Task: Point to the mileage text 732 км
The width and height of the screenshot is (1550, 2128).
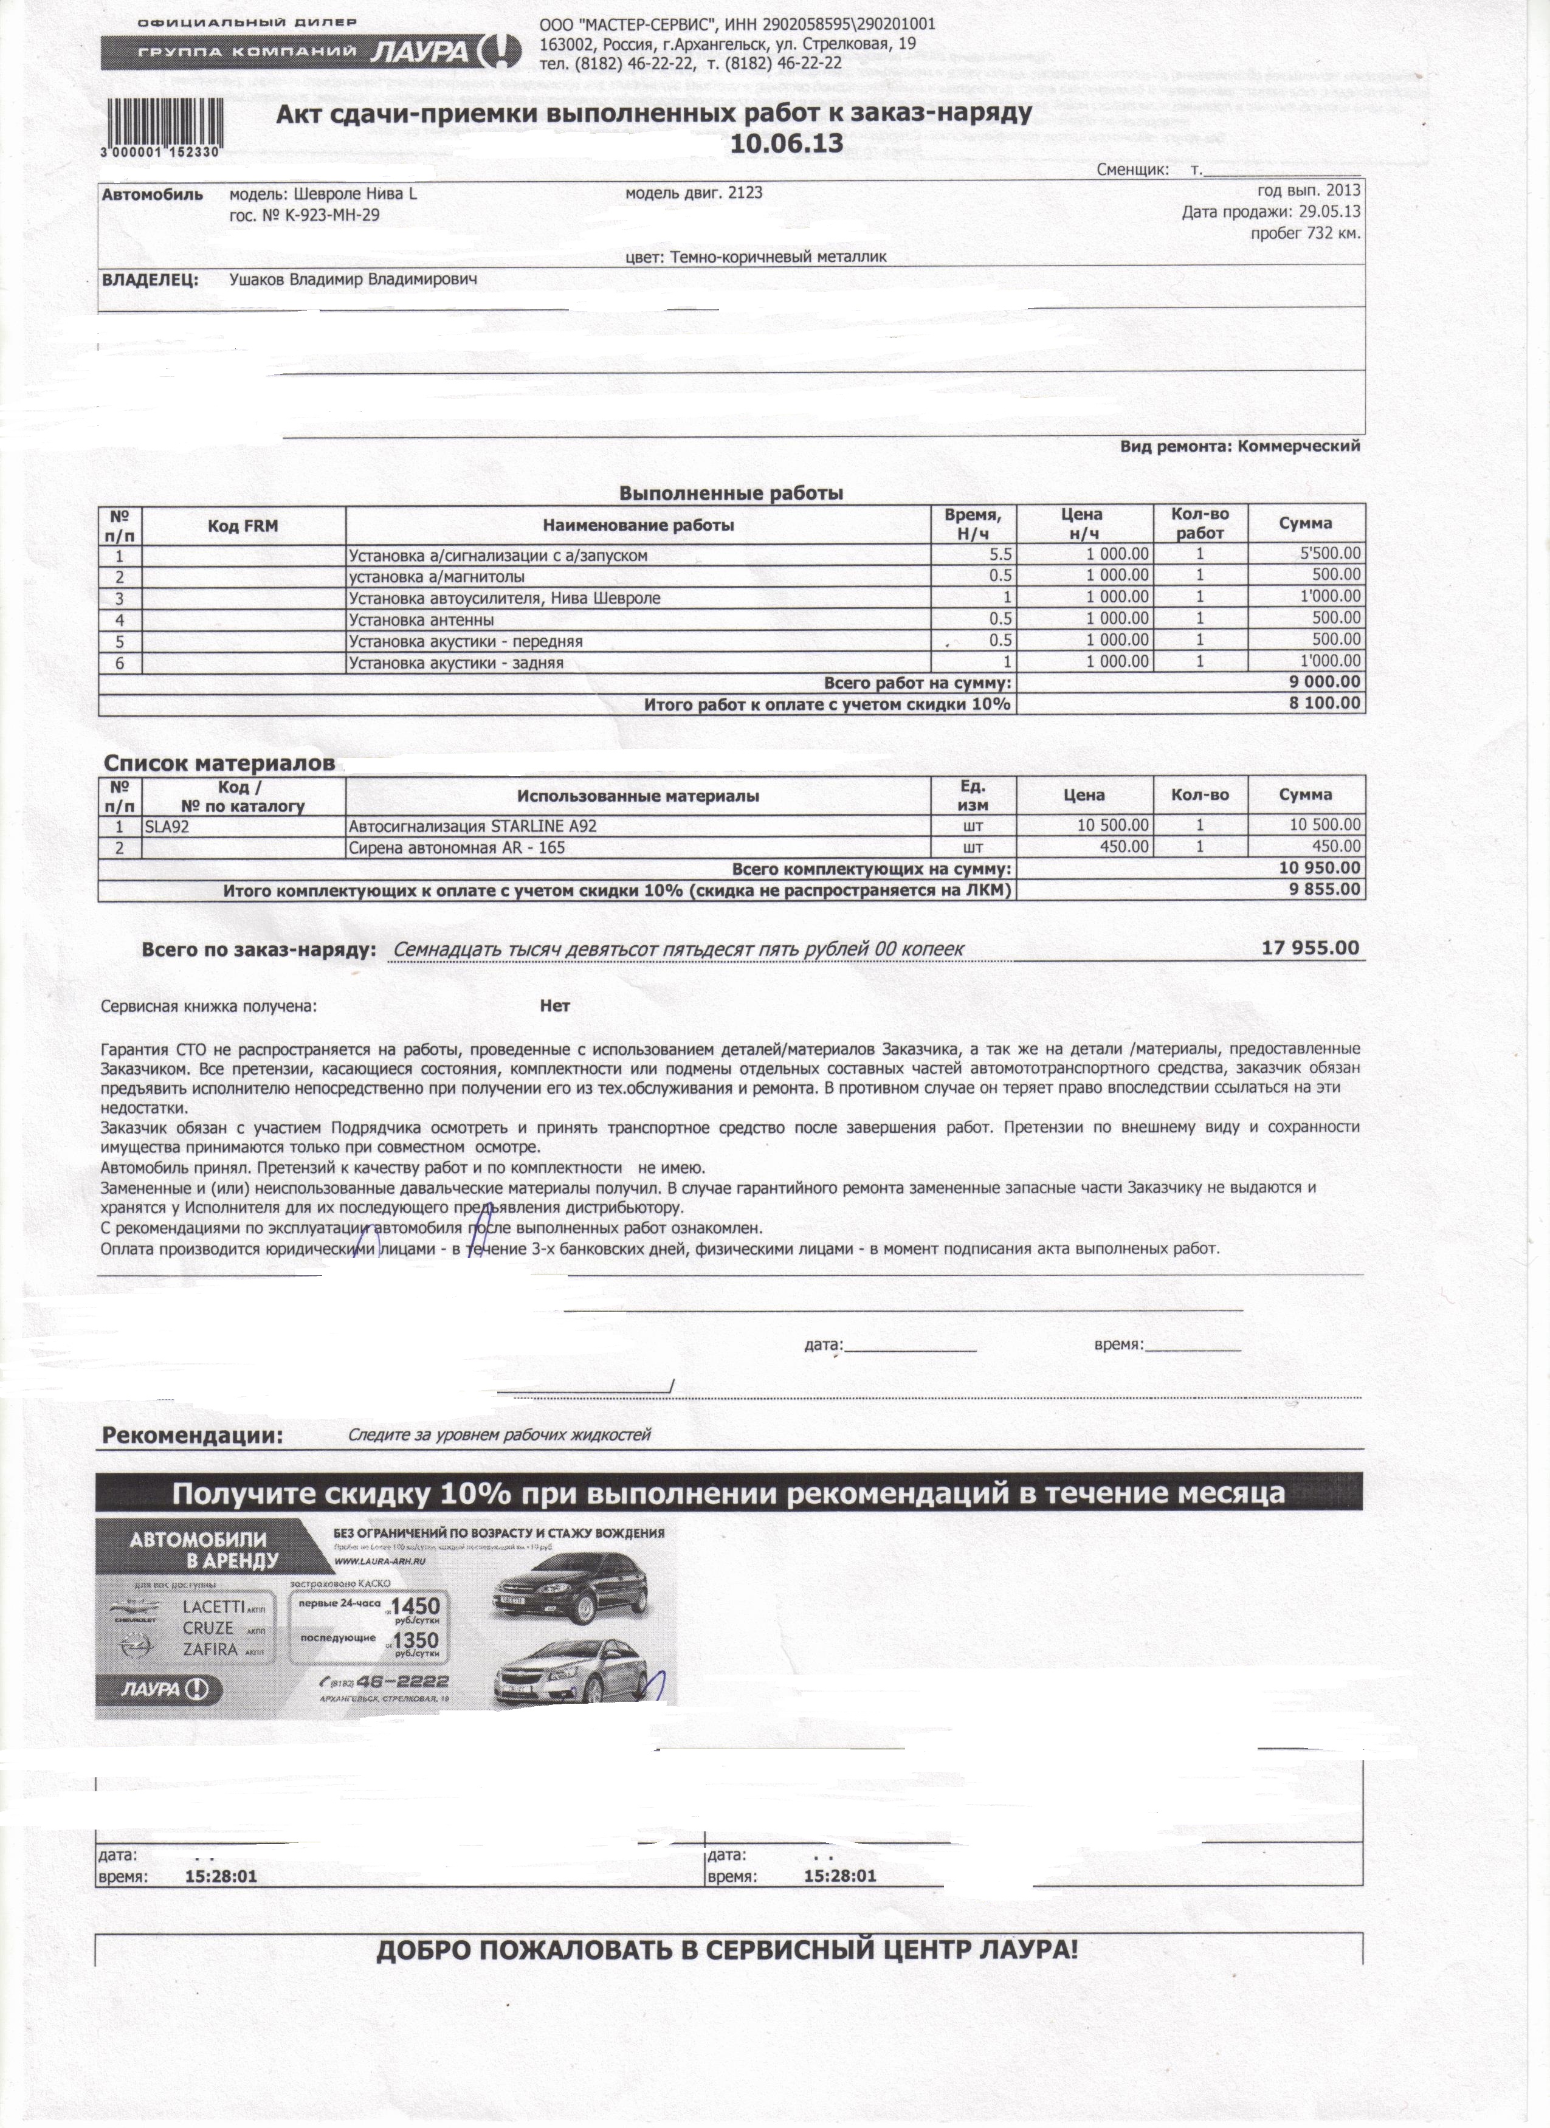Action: tap(1326, 233)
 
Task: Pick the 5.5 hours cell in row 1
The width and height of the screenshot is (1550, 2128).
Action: tap(1000, 554)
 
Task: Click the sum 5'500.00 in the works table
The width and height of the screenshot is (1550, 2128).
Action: tap(1329, 554)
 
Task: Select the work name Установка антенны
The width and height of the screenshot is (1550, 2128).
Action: tap(421, 619)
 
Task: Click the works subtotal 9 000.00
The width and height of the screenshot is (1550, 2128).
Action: tap(1323, 682)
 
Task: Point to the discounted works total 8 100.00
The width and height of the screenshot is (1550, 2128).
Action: tap(1323, 704)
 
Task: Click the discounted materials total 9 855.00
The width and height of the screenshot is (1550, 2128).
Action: tap(1323, 889)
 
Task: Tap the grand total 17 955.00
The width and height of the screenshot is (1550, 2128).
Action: tap(1310, 948)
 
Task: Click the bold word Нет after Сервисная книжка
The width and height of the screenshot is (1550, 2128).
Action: tap(554, 1006)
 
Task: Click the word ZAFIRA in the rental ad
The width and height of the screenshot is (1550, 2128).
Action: tap(211, 1650)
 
